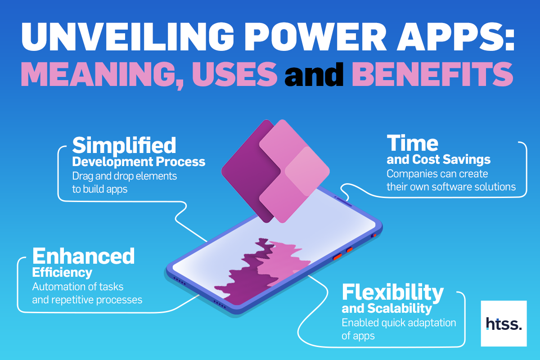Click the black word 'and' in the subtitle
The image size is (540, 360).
pos(314,74)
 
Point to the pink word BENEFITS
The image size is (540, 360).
pos(432,74)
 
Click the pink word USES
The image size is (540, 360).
pos(234,74)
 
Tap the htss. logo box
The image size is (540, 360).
pos(504,324)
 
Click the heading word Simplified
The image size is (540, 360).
pos(124,146)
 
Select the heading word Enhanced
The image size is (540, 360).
pos(83,256)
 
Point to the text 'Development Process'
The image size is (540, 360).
pos(139,162)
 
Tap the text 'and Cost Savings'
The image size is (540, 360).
pos(438,160)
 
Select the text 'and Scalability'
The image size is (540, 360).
pos(387,309)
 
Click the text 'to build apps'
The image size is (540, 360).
pos(100,189)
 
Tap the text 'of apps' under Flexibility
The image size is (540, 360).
pos(358,336)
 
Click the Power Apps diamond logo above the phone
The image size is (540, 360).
pos(275,171)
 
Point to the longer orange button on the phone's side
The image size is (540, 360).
pos(337,256)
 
